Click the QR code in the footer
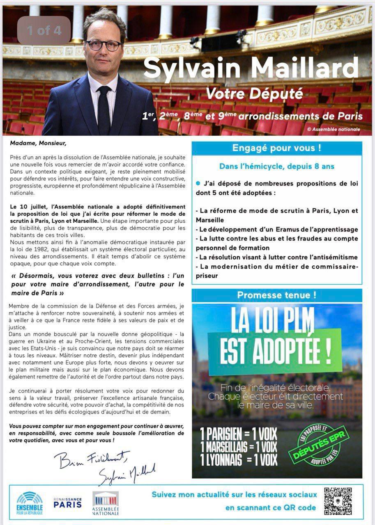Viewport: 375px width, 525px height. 338,501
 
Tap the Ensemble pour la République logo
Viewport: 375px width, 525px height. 30,503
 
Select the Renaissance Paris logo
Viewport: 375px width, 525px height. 67,503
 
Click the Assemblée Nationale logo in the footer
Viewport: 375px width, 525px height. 106,503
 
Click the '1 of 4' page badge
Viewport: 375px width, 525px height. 44,30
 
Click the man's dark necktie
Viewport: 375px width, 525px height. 104,111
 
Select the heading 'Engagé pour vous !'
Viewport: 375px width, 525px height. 277,148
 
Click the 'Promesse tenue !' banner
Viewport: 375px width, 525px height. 277,295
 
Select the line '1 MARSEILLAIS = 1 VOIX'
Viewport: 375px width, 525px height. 239,447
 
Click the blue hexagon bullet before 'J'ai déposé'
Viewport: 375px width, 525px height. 198,183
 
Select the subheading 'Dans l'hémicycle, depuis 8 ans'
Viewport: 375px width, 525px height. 277,167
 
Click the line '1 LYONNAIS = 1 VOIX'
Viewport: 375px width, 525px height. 239,460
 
